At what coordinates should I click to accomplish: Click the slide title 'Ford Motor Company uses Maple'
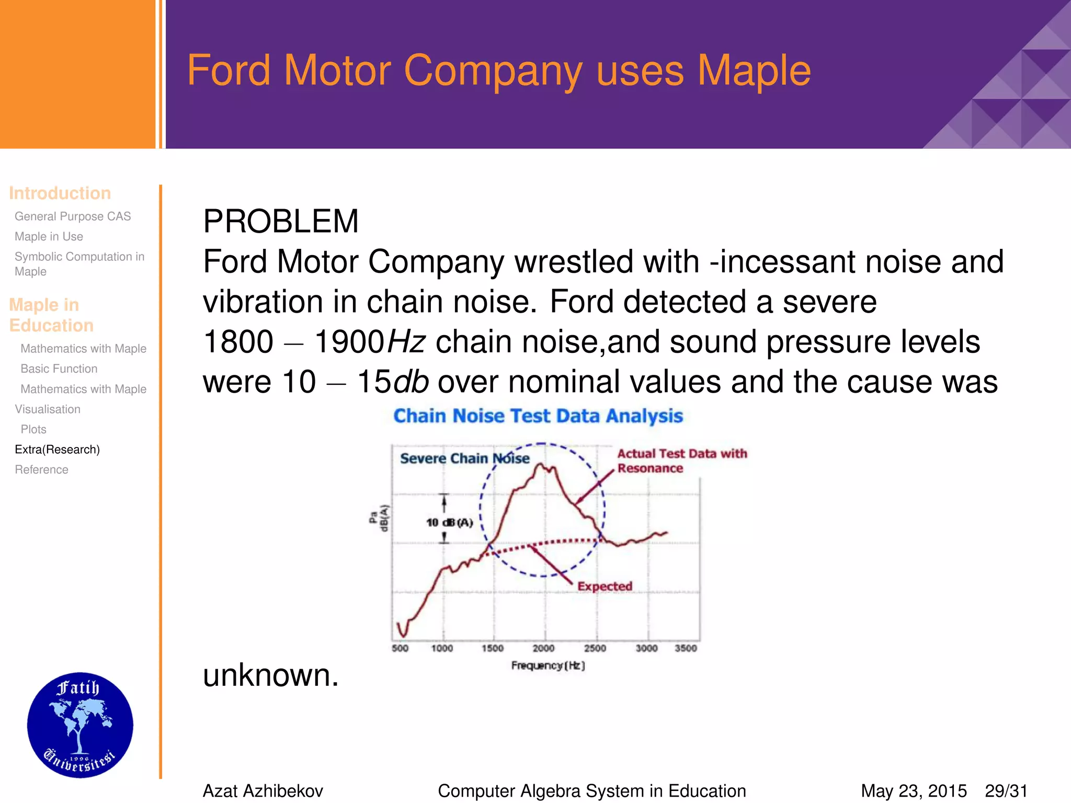[x=498, y=71]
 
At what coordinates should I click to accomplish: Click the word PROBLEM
[x=281, y=221]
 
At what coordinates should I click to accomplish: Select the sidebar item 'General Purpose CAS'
[x=73, y=216]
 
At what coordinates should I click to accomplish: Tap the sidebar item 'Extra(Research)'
[x=57, y=450]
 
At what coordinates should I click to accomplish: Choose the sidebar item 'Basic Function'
[x=59, y=369]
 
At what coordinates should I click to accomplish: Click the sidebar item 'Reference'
[x=41, y=470]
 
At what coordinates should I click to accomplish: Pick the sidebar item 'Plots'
[x=33, y=430]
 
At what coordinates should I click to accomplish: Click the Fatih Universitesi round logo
[x=80, y=725]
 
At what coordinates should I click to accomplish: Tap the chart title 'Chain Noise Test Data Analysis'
[x=538, y=416]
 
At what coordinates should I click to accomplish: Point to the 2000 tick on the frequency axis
[x=543, y=648]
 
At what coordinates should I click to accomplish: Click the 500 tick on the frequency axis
[x=400, y=648]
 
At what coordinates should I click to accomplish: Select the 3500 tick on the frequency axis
[x=686, y=648]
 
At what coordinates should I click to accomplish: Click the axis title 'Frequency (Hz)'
[x=548, y=666]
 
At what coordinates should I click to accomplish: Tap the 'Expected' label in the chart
[x=605, y=587]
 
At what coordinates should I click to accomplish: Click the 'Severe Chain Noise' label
[x=464, y=458]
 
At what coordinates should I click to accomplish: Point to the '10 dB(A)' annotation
[x=449, y=522]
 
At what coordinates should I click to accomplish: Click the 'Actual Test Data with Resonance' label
[x=681, y=461]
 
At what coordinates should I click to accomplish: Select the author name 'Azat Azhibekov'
[x=263, y=791]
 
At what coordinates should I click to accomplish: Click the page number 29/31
[x=1006, y=791]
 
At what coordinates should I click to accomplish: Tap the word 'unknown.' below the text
[x=271, y=675]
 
